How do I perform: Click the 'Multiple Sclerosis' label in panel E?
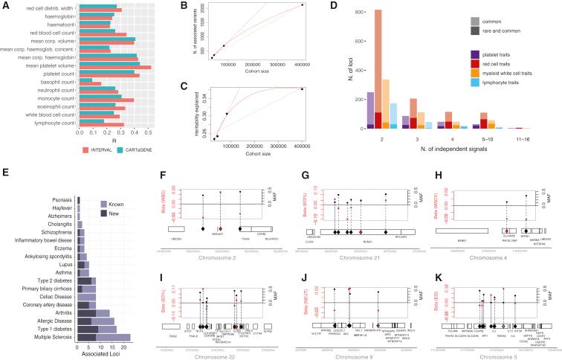tap(54, 337)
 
